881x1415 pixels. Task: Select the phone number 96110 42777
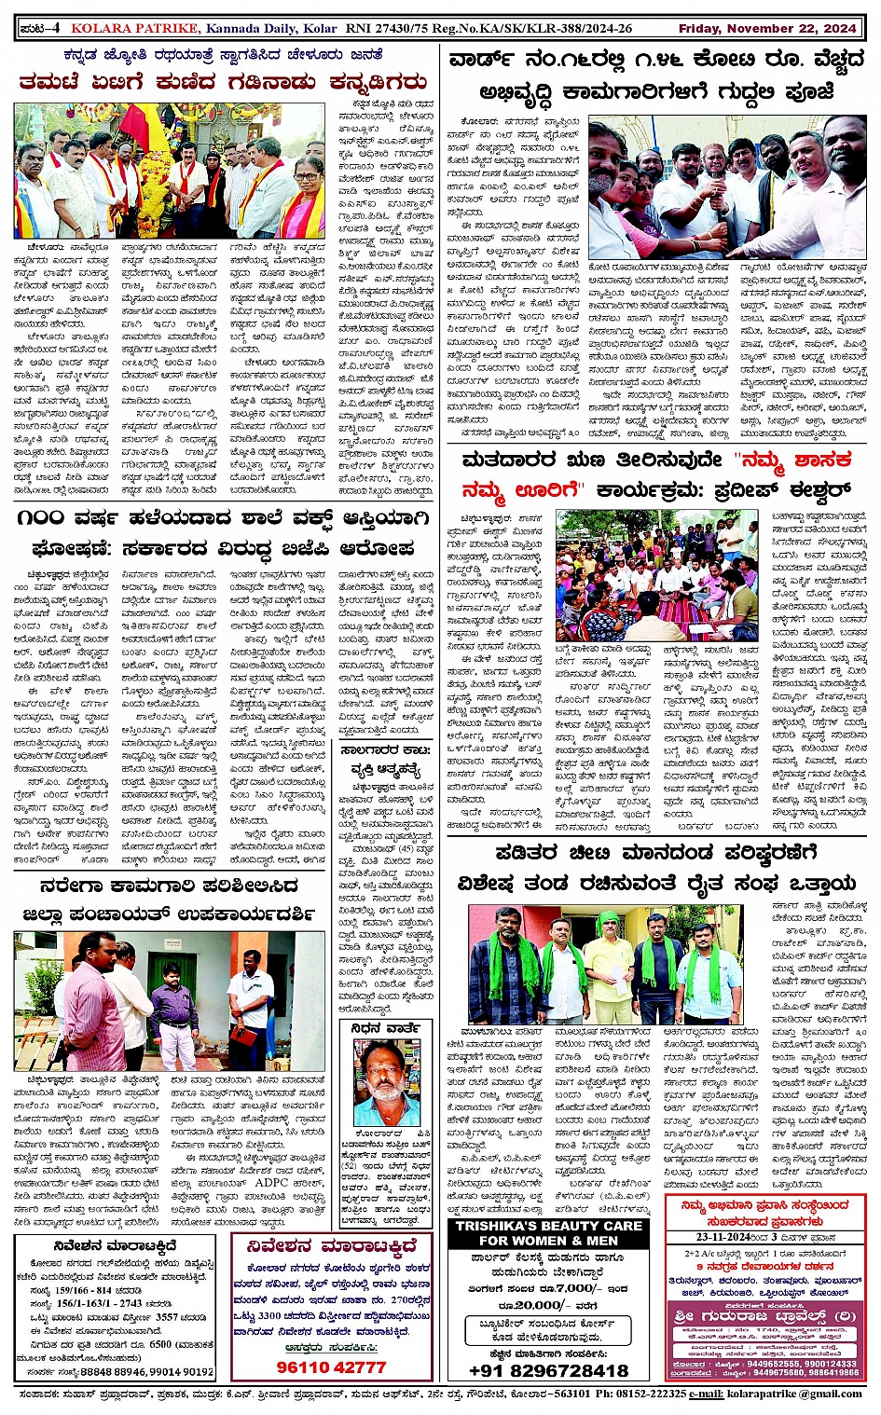331,1367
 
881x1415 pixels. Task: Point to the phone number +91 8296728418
548,1370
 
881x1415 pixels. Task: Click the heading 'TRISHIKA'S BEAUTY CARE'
548,1226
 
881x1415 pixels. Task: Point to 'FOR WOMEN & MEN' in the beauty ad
548,1241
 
